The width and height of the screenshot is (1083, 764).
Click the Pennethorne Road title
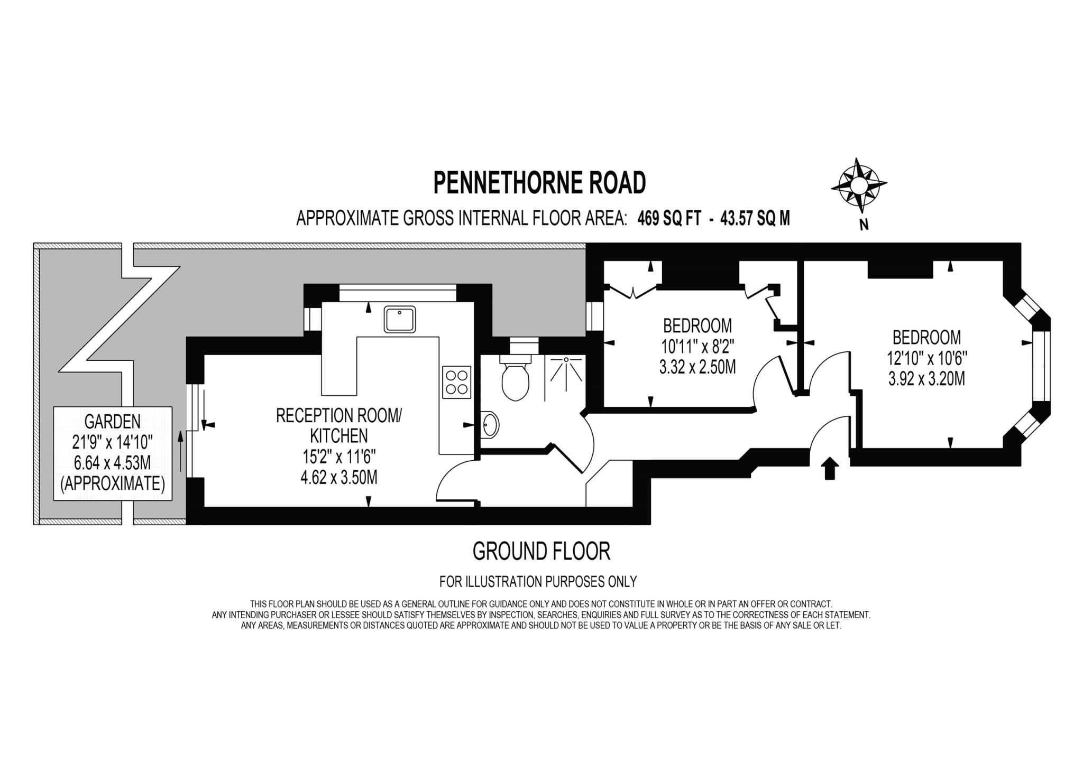(539, 183)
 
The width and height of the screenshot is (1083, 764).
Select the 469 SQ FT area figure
(669, 218)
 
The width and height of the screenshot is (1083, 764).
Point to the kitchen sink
(400, 319)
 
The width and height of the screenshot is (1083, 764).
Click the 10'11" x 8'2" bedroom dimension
(697, 347)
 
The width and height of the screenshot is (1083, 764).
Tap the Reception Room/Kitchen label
(339, 425)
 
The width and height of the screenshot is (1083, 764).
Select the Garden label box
(113, 453)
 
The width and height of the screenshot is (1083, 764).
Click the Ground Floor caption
(541, 551)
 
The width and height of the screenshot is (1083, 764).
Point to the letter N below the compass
(864, 225)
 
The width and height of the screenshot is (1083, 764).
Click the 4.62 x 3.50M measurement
(339, 478)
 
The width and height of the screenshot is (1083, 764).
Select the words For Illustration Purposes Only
(538, 582)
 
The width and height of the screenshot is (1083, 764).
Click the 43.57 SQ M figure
(755, 218)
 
